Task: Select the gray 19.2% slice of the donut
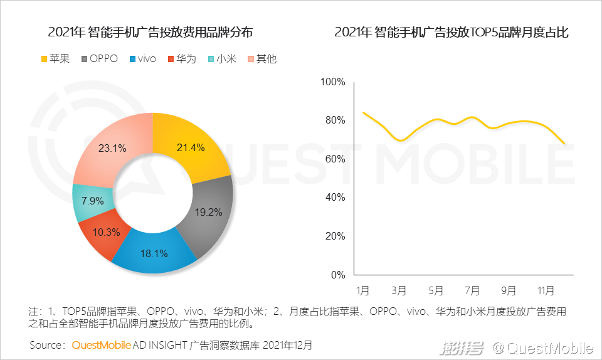point(208,213)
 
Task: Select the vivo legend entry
point(142,59)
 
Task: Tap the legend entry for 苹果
point(55,59)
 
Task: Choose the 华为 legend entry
point(181,59)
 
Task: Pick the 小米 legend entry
point(221,59)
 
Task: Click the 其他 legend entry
point(261,59)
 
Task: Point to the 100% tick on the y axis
point(332,82)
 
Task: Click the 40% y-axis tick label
point(335,198)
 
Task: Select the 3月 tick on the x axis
point(399,291)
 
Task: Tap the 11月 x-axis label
point(546,291)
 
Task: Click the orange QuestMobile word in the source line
point(101,345)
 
